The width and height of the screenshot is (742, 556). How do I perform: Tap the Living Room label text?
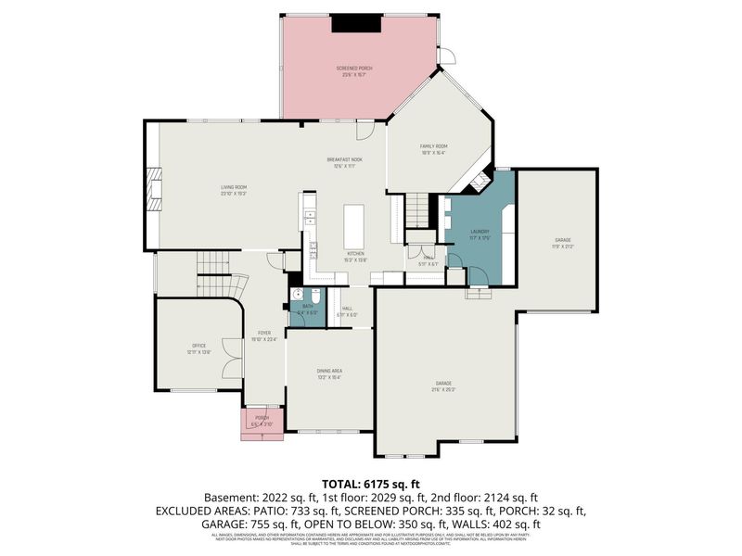pos(232,191)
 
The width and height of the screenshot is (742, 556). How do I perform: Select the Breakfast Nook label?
pos(344,162)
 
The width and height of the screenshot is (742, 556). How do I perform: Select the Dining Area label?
pos(331,373)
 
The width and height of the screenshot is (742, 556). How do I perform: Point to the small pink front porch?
pos(262,422)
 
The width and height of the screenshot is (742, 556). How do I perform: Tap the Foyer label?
pos(264,335)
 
